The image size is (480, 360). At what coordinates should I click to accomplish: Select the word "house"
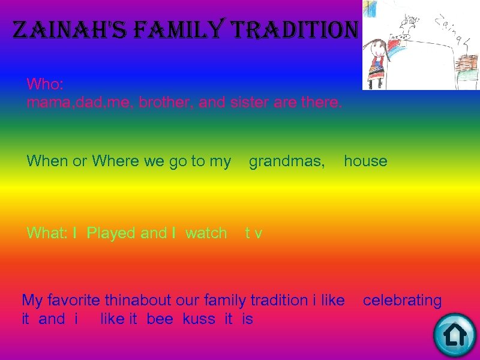365,161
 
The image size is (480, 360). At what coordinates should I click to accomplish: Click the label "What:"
47,233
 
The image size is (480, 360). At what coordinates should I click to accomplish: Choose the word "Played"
111,233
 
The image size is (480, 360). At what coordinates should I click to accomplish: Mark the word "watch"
206,233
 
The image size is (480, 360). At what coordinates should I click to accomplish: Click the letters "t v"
254,233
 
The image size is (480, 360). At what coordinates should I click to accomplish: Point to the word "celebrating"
402,300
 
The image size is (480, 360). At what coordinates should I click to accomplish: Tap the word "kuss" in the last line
199,319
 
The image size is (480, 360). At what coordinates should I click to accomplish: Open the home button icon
454,334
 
